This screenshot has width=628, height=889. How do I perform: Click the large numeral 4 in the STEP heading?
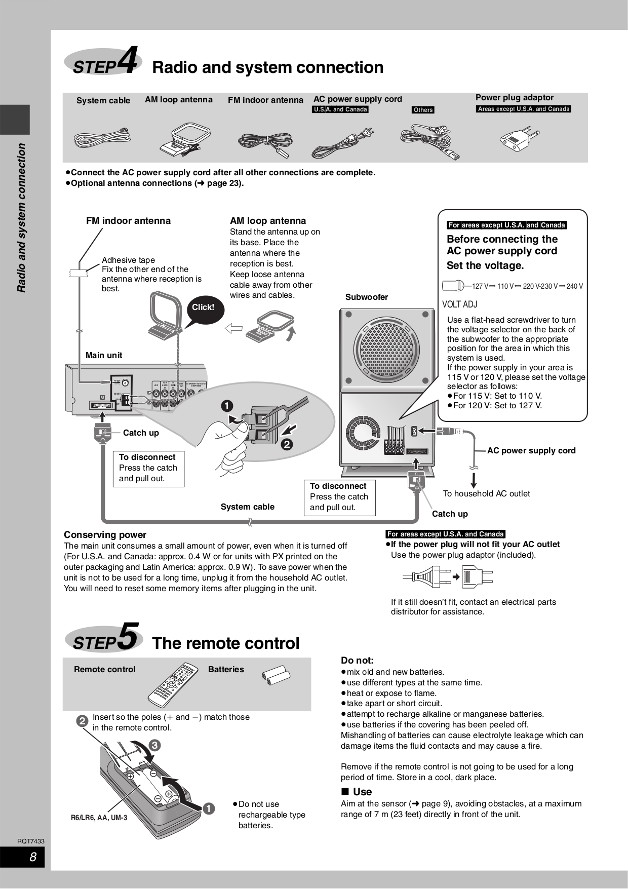128,61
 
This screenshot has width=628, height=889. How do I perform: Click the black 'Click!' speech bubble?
203,307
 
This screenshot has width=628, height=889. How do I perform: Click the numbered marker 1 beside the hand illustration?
226,406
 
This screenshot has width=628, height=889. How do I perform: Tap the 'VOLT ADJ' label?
459,304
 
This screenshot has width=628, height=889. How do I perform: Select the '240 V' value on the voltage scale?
574,286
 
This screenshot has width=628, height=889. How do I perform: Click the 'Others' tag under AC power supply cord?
423,110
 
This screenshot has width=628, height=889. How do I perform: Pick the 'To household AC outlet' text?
486,493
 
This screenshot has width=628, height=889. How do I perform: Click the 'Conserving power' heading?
105,535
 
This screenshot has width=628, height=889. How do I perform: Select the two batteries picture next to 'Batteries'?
276,675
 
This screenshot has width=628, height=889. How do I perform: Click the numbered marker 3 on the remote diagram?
154,745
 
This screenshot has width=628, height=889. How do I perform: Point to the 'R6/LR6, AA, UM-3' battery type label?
99,818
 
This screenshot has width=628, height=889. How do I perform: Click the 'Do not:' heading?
357,661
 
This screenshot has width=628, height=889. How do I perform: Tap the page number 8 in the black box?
33,857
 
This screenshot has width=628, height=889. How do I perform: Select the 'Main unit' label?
104,356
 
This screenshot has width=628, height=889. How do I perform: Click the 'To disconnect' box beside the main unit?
148,468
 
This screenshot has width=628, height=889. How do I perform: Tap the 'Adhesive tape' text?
128,260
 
